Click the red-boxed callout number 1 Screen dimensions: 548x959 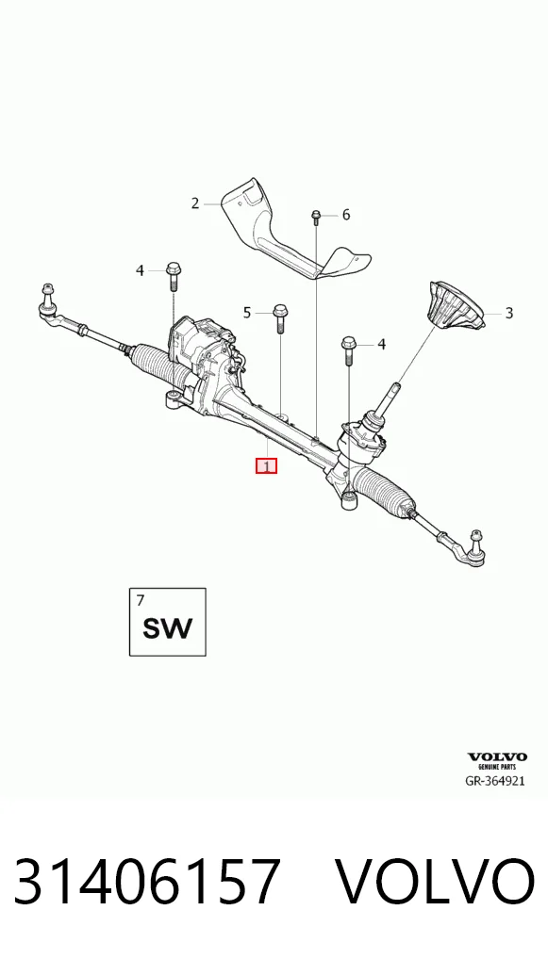pos(266,466)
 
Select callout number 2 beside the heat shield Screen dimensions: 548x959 pos(194,203)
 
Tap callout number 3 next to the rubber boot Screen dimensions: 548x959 pos(508,313)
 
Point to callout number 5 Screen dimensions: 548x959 pos(247,313)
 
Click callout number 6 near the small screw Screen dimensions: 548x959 pos(346,215)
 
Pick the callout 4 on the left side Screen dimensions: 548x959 pos(140,269)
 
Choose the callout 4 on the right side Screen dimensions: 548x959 pos(381,345)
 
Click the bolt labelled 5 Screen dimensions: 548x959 pos(280,318)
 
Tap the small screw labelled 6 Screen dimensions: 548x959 pos(316,217)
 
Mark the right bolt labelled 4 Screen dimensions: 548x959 pos(348,349)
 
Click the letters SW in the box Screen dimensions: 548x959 pos(167,628)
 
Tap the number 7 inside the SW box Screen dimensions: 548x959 pos(141,600)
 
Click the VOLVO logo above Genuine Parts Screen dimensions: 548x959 pos(497,757)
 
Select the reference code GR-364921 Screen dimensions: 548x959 pos(495,781)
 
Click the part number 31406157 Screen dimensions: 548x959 pos(147,882)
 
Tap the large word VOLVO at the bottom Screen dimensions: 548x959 pos(435,882)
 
